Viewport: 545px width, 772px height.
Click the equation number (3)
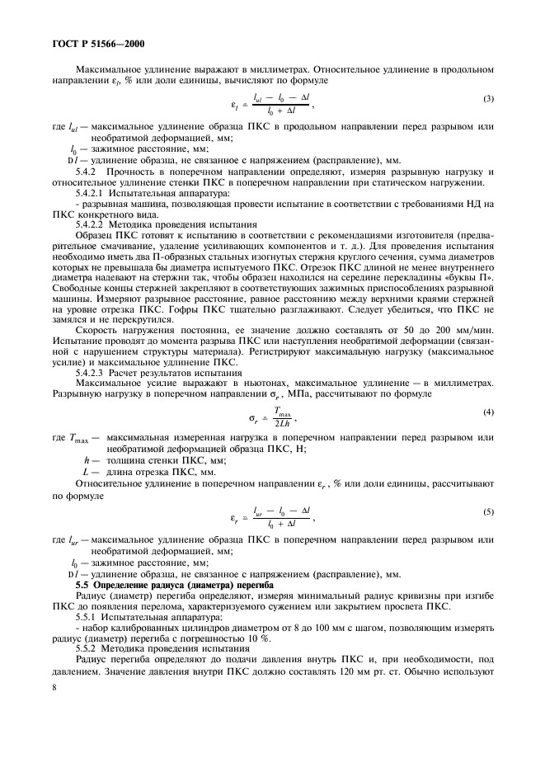point(489,100)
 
